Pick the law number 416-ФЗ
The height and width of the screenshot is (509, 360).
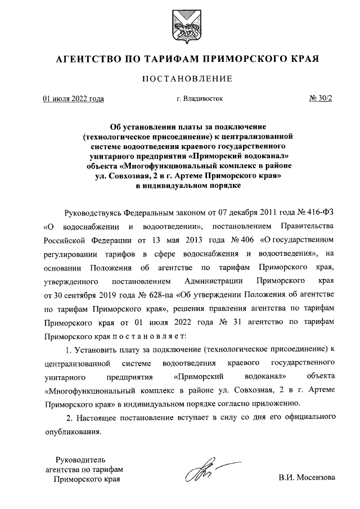click(x=323, y=214)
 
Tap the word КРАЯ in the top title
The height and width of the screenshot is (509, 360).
click(x=304, y=58)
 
